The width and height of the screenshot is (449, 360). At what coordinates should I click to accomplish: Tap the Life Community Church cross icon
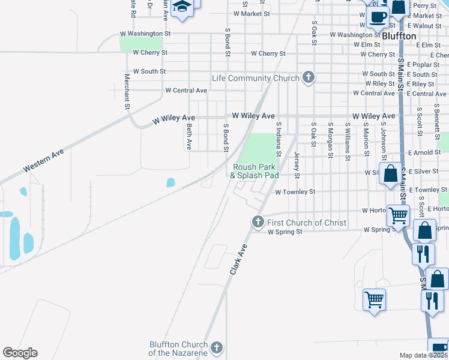(309, 77)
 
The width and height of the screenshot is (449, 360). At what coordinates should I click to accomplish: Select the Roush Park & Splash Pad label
(255, 171)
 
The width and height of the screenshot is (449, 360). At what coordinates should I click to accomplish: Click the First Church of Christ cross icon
(258, 222)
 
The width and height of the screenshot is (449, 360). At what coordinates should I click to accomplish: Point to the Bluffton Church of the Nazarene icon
(217, 347)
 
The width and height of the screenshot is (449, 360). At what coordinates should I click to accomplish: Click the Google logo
(20, 353)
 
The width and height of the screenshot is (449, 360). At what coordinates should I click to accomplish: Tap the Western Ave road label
(44, 162)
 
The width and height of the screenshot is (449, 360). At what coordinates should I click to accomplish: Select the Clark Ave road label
(238, 259)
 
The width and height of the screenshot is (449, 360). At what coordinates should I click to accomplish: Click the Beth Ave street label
(189, 137)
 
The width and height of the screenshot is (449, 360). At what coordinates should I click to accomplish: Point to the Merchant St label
(127, 91)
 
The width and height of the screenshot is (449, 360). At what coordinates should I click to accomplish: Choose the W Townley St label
(295, 192)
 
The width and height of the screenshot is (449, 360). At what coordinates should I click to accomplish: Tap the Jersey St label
(297, 164)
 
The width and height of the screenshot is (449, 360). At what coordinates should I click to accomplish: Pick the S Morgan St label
(330, 141)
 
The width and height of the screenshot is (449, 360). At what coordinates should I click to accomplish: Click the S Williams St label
(348, 142)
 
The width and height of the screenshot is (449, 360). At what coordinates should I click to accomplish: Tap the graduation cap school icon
(181, 7)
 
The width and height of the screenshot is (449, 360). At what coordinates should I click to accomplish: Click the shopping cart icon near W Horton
(398, 215)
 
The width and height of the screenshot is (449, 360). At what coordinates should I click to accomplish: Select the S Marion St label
(365, 142)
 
